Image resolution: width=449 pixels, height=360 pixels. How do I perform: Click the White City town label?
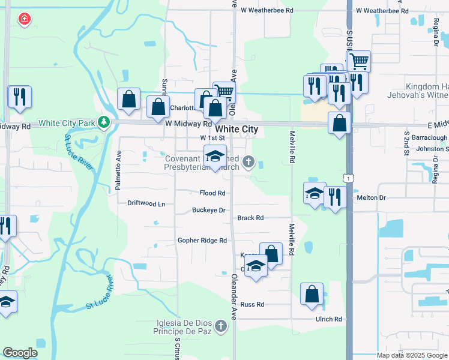[237, 129]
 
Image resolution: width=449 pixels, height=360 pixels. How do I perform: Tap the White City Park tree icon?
[104, 123]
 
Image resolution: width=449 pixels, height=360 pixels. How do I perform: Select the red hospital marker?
[25, 19]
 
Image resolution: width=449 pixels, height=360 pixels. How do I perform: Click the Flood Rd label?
[213, 193]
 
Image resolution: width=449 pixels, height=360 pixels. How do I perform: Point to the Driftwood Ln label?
[146, 203]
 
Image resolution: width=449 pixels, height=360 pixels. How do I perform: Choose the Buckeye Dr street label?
[208, 211]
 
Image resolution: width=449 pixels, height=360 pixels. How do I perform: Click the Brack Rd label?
[250, 218]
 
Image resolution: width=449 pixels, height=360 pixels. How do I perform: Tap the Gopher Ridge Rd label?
[202, 241]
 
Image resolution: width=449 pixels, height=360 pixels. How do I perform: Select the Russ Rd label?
[252, 305]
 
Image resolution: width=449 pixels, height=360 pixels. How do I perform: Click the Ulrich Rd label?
[329, 319]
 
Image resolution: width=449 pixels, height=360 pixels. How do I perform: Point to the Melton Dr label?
[370, 197]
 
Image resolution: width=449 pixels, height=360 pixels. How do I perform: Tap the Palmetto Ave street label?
[118, 174]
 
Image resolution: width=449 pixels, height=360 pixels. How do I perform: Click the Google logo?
[20, 353]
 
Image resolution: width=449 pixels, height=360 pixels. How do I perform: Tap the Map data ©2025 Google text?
[412, 355]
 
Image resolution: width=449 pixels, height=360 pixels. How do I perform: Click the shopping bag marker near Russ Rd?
[312, 294]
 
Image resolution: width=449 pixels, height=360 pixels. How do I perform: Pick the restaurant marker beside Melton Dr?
[334, 197]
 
